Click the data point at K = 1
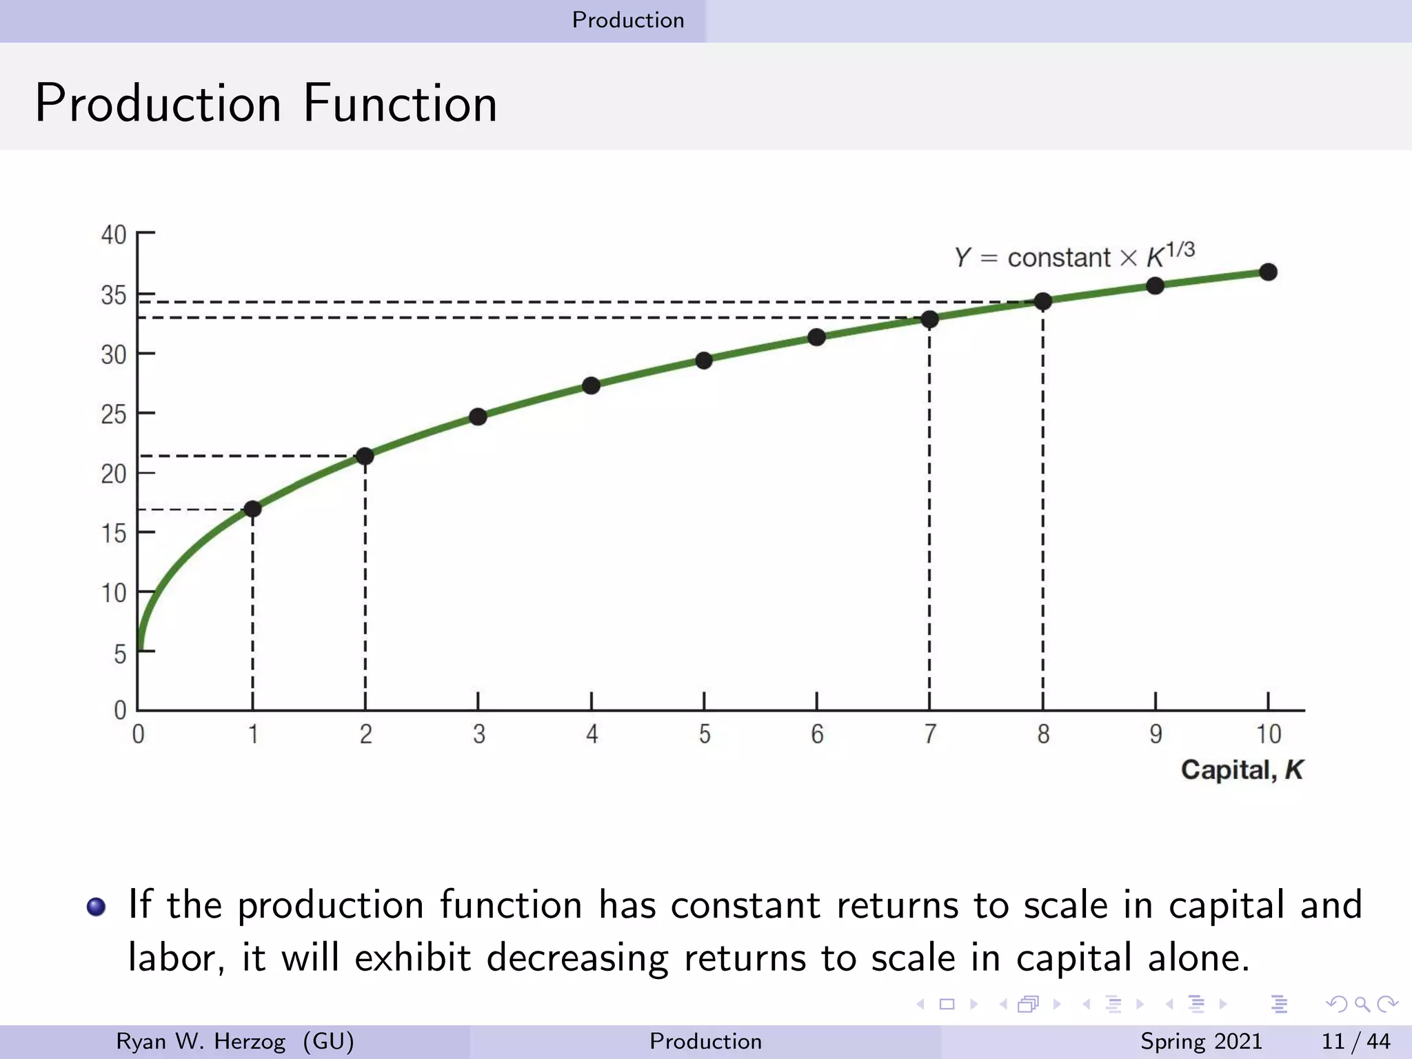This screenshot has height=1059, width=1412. tap(252, 509)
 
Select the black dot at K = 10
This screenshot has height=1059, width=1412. tap(1268, 272)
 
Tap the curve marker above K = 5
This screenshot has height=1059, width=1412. tap(704, 361)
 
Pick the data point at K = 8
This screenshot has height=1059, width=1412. tap(1043, 301)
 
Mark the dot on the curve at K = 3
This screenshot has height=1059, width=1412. tap(478, 416)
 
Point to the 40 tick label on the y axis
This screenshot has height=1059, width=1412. tap(114, 235)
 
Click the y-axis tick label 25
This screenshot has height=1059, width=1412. tap(114, 414)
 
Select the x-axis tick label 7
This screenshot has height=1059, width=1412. tap(930, 734)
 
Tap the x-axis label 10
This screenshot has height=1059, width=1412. tap(1268, 734)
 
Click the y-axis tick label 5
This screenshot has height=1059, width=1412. tap(120, 654)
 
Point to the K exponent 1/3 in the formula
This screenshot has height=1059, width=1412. tap(1180, 250)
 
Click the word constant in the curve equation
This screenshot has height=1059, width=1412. tap(1058, 258)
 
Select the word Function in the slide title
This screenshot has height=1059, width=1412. tap(400, 103)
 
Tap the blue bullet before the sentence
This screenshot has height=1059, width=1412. tap(97, 906)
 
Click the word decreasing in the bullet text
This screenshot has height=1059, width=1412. tap(577, 958)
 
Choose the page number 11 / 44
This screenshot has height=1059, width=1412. tap(1355, 1041)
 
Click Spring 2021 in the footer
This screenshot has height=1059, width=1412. tap(1201, 1041)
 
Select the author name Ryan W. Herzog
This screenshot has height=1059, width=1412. tap(201, 1041)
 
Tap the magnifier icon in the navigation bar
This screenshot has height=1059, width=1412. tap(1362, 1004)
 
